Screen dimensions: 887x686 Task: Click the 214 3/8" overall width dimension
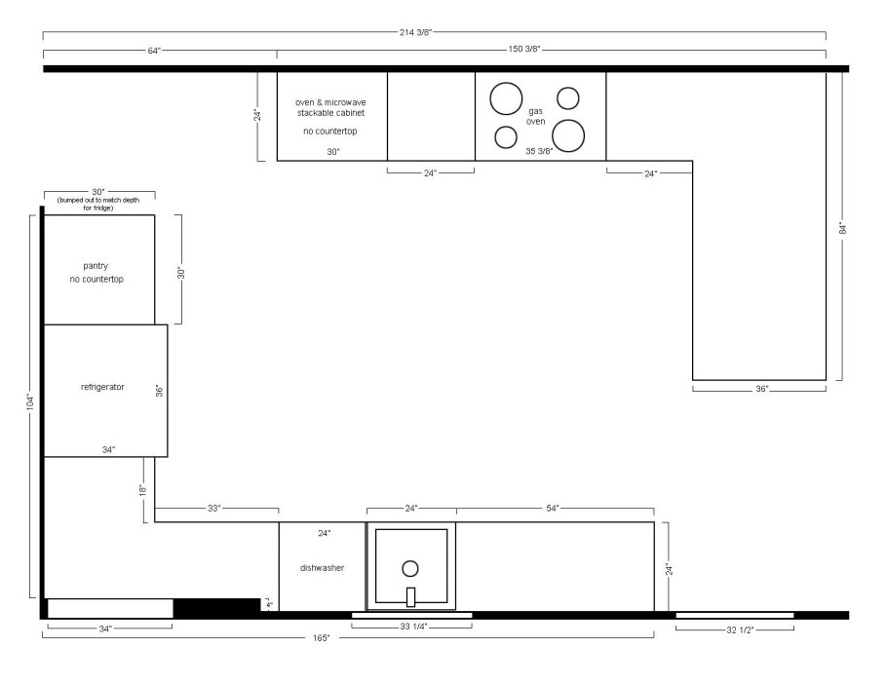click(x=416, y=32)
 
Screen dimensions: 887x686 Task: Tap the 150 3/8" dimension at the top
click(x=524, y=49)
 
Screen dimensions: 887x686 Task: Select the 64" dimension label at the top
click(x=154, y=51)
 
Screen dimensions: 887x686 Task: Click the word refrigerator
click(x=102, y=387)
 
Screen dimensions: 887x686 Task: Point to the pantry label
click(x=96, y=266)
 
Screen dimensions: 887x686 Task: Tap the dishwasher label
click(x=322, y=568)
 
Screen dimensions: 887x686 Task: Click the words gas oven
click(x=536, y=117)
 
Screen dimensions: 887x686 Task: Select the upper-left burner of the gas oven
click(x=506, y=98)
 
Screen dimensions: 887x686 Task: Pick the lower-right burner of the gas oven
click(x=568, y=135)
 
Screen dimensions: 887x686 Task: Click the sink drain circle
click(x=410, y=568)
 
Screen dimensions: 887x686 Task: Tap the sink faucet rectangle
click(x=410, y=597)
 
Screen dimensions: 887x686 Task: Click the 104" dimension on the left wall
click(x=30, y=401)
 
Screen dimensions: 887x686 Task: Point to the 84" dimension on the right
click(x=843, y=228)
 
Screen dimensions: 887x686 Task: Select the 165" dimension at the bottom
click(x=321, y=638)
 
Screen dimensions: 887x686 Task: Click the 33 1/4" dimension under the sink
click(x=413, y=627)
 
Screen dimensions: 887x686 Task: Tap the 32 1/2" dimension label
click(x=740, y=630)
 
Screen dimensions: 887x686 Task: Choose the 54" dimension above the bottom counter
click(x=553, y=509)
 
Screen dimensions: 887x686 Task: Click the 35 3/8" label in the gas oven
click(x=539, y=151)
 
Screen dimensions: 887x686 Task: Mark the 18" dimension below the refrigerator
click(x=143, y=490)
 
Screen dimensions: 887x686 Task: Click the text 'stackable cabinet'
click(x=331, y=113)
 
